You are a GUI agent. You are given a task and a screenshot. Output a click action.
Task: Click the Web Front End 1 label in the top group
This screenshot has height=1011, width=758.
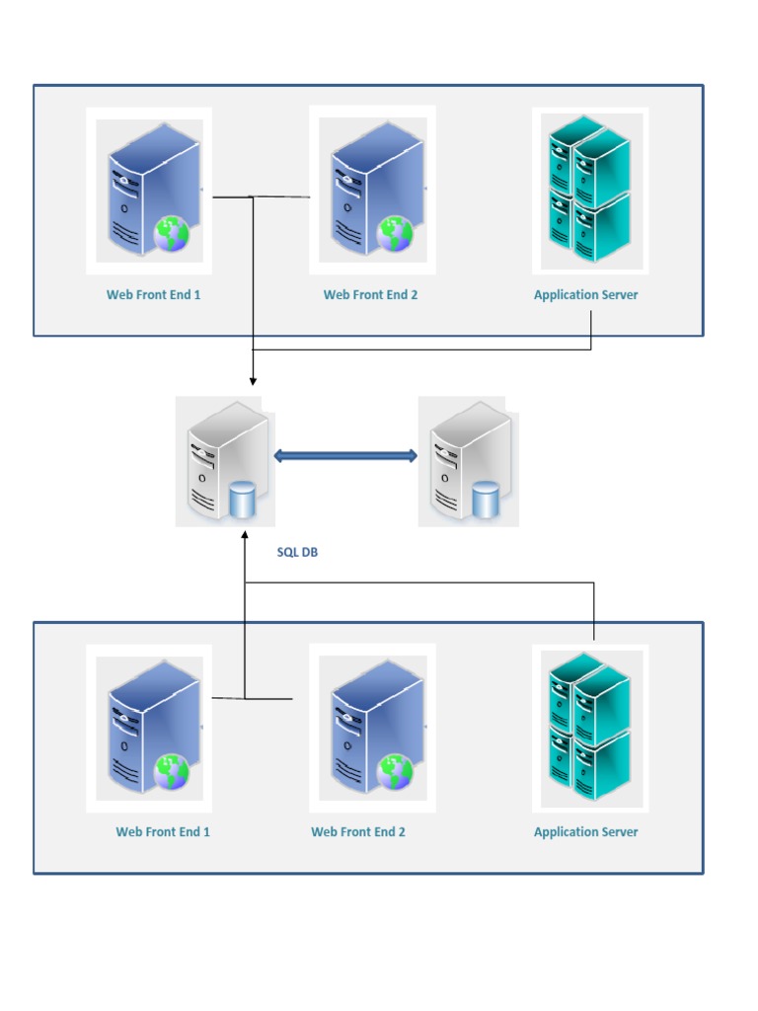coord(153,294)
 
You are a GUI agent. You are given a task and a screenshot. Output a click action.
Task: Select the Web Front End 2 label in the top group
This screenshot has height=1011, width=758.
coord(370,294)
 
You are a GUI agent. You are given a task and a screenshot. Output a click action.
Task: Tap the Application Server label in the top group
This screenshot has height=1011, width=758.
coord(585,294)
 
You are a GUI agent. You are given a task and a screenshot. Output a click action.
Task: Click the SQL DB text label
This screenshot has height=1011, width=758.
coord(297,553)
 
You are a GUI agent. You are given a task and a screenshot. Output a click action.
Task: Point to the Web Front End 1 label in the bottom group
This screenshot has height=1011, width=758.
coord(163,831)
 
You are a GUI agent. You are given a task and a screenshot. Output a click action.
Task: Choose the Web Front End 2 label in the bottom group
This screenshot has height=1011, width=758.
coord(358,831)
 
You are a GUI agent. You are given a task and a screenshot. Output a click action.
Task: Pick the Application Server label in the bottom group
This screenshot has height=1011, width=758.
coord(585,831)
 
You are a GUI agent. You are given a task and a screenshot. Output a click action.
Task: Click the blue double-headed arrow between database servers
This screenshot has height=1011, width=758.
coord(345,456)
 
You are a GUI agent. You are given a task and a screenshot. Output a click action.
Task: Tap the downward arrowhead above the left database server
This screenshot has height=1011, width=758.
coord(253,380)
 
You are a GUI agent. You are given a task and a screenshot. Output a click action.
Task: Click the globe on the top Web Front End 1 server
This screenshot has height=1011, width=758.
coord(172,235)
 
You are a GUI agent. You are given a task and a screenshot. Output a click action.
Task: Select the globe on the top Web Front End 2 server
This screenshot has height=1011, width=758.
coord(395,235)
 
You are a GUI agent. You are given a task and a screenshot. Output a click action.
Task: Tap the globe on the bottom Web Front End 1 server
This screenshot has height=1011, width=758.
coord(172,773)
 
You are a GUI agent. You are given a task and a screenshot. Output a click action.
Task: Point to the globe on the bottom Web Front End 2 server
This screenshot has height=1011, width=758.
coord(395,773)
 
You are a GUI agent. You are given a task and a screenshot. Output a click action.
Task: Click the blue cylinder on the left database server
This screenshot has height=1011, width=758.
coord(242,500)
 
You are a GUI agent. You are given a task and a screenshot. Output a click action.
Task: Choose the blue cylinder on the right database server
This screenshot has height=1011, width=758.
coord(485,500)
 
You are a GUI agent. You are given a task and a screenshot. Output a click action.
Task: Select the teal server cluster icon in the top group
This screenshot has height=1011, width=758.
coord(589,190)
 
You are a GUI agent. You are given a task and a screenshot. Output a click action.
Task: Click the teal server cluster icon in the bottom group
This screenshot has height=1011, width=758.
coord(589,728)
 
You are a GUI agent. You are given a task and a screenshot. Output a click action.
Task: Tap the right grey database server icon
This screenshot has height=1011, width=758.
coord(470,462)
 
